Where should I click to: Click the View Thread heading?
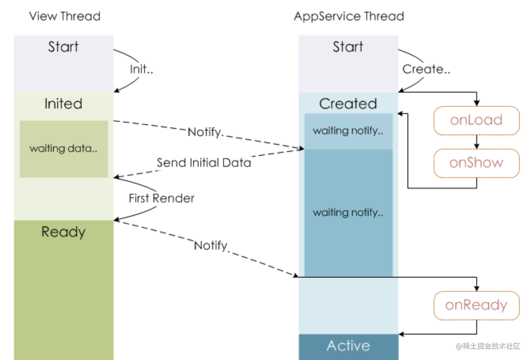65,16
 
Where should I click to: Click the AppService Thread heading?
349,16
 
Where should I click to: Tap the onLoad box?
476,120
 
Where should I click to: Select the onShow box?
476,163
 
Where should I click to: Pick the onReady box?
476,305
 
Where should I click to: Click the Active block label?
348,346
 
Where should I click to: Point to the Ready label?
63,232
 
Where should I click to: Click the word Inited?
63,104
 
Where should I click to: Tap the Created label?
348,104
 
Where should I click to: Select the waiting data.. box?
63,149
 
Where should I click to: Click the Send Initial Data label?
204,163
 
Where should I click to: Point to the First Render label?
162,198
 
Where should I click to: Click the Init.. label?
142,69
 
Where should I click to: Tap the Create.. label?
426,69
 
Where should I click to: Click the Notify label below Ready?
211,245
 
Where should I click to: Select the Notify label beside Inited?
205,132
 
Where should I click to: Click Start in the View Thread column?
63,47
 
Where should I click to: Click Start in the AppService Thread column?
348,47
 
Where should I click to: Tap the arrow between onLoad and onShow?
477,142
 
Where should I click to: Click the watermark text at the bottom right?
488,346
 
